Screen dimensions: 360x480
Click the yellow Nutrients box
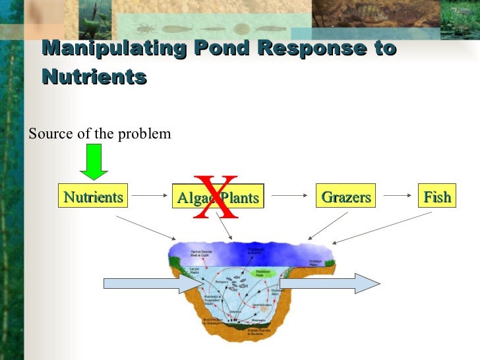coord(93,196)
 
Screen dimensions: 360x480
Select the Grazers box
coord(345,196)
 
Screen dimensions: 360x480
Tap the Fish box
coord(437,196)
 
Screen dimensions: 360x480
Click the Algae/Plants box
coord(218,197)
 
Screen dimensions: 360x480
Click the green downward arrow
coord(95,162)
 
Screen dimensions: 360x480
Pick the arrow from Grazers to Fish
coord(398,195)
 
